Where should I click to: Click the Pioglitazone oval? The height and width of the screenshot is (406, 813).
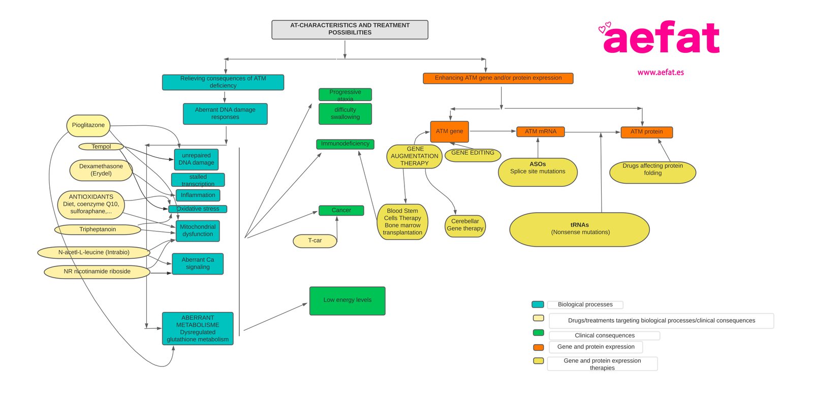point(88,125)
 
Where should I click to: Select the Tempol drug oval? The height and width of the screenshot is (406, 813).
point(101,147)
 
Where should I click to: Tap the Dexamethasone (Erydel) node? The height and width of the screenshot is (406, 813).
point(101,170)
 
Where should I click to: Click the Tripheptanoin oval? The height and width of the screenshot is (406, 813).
point(98,229)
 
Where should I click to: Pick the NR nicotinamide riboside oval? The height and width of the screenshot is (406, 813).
point(97,272)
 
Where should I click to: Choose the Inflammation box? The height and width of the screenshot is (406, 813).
point(198,195)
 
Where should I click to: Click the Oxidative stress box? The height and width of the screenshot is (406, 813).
point(198,209)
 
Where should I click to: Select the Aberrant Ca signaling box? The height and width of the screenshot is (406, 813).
point(198,263)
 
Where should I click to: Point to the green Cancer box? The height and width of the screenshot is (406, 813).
point(341,210)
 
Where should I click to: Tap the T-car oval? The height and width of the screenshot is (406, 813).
point(315,241)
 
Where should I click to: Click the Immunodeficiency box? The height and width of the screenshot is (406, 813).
point(345,144)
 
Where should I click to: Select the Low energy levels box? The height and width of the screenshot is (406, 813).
point(347,300)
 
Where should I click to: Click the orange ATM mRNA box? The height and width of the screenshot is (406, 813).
point(540,131)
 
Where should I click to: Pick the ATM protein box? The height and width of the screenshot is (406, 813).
point(646,132)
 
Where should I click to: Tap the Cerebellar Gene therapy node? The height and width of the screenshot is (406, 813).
point(465,225)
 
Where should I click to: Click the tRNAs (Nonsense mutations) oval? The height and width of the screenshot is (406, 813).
point(579,229)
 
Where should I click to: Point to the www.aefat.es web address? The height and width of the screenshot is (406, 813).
point(661,73)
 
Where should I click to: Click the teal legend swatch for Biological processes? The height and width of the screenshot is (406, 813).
point(538,304)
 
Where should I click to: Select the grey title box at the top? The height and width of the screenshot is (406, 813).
point(350,29)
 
